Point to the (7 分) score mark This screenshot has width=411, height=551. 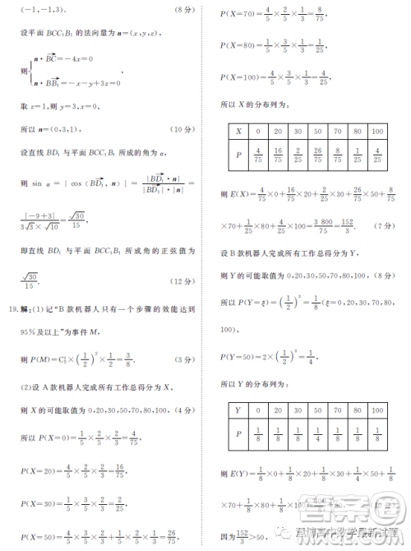tap(384, 225)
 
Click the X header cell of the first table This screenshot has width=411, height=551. tap(238, 132)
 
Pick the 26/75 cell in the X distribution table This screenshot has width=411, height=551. tap(318, 154)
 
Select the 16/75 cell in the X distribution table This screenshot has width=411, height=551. tap(277, 154)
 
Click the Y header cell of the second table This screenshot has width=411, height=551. tap(238, 409)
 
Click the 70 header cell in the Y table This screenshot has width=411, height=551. tap(338, 409)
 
